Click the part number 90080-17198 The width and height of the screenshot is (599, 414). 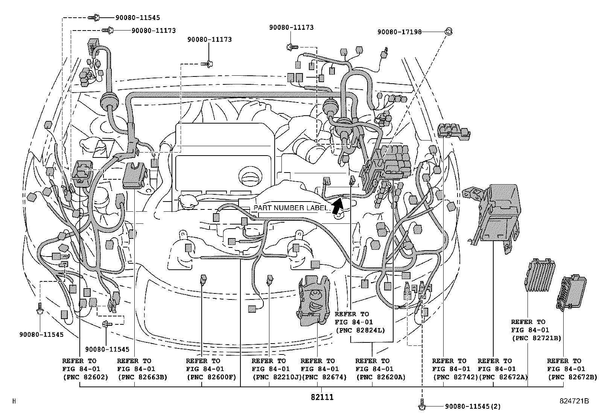(x=399, y=32)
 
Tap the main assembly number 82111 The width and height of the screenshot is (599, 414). (x=322, y=397)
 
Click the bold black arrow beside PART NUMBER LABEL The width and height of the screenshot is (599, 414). (x=337, y=206)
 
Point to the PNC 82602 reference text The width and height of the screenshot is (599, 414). (x=85, y=377)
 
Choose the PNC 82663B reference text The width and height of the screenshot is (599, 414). (x=142, y=377)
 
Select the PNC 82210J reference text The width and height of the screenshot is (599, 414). (x=277, y=377)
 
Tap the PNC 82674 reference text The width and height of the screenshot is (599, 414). (x=324, y=377)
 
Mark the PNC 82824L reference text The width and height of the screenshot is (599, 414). (x=360, y=330)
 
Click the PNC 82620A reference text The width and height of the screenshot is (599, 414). (x=380, y=377)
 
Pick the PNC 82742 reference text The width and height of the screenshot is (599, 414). (x=455, y=377)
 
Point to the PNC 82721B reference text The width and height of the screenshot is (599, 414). (x=536, y=338)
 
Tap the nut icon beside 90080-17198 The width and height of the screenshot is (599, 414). (x=448, y=31)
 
